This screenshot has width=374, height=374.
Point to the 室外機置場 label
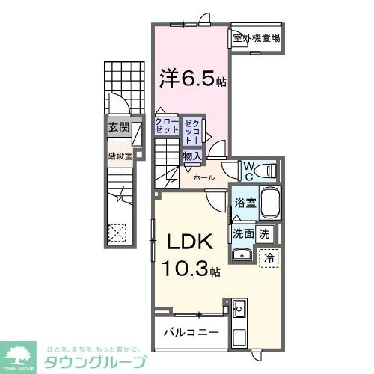[256, 38]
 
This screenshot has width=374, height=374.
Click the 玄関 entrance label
[117, 127]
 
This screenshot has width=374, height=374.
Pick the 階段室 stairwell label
[119, 157]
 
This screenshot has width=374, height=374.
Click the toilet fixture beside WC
[267, 171]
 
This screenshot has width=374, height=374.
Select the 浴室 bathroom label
[245, 203]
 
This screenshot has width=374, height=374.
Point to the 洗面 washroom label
[242, 233]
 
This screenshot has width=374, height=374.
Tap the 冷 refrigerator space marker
[270, 257]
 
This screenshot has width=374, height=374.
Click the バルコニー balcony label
[191, 329]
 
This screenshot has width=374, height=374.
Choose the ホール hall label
[204, 178]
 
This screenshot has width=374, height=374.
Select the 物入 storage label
[191, 156]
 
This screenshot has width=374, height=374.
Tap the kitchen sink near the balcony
[239, 309]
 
